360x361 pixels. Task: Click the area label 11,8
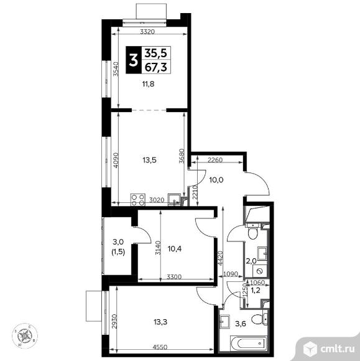point(148,84)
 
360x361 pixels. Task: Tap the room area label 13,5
point(149,160)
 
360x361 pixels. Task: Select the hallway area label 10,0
point(216,180)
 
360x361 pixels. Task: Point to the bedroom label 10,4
point(175,248)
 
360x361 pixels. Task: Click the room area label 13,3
point(160,322)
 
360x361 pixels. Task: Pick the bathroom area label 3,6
point(241,324)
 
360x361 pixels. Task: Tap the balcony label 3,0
point(118,241)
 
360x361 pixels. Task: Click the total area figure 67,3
point(156,67)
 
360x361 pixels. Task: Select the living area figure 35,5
point(156,54)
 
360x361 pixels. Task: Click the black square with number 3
point(132,60)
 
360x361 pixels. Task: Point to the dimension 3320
point(147,32)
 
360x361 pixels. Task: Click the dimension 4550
point(160,347)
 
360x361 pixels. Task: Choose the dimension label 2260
point(215,160)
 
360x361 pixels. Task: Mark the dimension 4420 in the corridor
point(220,258)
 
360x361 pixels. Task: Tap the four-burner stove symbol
point(138,200)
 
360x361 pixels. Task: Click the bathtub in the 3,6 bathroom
point(248,344)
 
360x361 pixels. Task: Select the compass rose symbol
point(25,335)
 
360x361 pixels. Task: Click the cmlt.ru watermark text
point(337,349)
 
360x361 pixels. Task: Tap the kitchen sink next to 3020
point(175,199)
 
